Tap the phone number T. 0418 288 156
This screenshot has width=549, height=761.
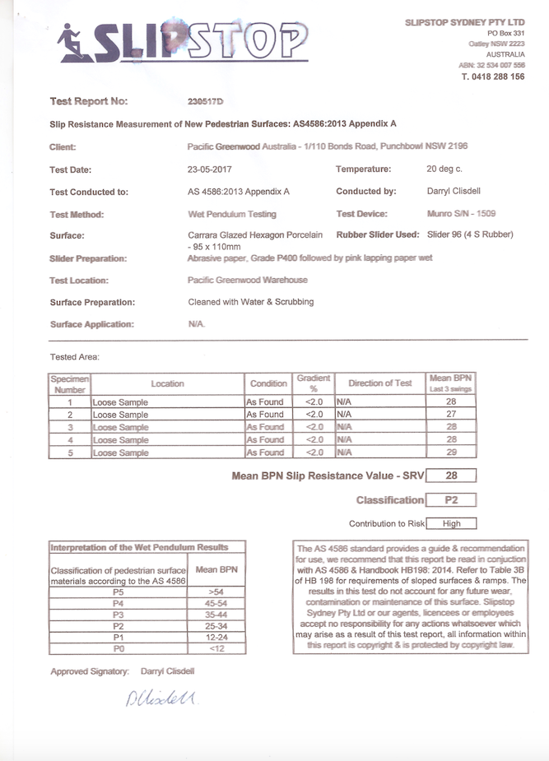tap(493, 77)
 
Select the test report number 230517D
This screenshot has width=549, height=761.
tap(206, 102)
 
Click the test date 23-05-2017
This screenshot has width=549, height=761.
tap(211, 169)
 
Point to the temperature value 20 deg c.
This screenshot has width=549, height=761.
tap(444, 169)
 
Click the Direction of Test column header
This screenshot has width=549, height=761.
tap(379, 383)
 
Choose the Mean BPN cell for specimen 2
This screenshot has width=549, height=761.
tap(451, 415)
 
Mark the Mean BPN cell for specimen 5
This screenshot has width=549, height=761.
tap(451, 452)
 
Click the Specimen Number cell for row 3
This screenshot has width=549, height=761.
tap(70, 428)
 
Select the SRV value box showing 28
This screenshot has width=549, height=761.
tap(451, 476)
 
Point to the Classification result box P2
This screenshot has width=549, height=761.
tap(451, 500)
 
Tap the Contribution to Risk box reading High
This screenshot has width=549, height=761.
tap(451, 523)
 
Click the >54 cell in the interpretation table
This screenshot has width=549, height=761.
tap(216, 592)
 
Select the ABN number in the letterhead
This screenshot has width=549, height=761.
tap(491, 64)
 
